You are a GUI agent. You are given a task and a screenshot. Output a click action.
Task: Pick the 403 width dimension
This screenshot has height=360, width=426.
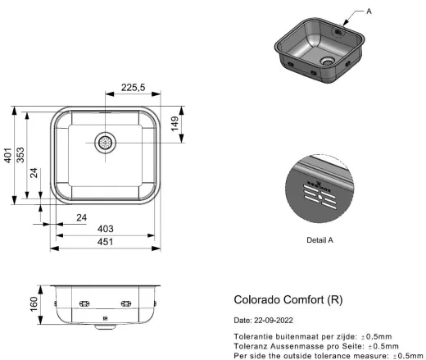105,229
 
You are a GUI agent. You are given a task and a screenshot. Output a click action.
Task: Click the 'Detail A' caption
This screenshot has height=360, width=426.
319,240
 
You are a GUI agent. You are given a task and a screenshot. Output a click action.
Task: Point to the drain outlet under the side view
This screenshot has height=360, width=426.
104,326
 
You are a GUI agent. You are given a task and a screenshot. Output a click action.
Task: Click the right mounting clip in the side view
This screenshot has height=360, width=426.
126,304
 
